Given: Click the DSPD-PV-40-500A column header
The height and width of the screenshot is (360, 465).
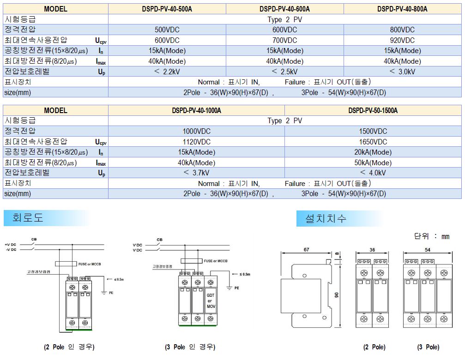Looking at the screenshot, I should point(167,9).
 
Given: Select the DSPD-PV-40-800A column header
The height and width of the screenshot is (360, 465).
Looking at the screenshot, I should point(402,9).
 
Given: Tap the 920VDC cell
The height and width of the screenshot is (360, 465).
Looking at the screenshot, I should point(402,40).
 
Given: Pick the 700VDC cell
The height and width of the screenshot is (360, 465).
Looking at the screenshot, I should point(285,40).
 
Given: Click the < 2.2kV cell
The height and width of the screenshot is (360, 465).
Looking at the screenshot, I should point(167,72).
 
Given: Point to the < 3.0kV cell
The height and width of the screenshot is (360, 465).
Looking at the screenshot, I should point(402,72).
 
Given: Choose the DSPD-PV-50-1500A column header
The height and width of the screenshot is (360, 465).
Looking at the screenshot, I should point(373,110).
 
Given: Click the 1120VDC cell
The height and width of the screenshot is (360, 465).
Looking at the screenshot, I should point(196,142).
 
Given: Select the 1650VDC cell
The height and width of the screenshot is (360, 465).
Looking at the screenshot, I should point(373,142).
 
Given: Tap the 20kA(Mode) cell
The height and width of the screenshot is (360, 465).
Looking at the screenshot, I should point(373,152).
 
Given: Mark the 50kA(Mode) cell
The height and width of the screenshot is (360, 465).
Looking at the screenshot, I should point(373,162).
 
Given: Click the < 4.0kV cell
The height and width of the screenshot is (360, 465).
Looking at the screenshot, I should point(373,173).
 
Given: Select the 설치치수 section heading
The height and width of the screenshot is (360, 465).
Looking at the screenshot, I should point(326,218).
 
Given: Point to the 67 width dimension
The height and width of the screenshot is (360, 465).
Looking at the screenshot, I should point(307,249).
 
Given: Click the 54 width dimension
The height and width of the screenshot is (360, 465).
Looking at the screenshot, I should point(427,249).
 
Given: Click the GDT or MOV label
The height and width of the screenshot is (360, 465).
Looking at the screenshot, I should point(211,300).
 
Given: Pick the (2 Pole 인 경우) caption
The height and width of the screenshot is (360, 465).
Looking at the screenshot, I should point(69,347).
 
